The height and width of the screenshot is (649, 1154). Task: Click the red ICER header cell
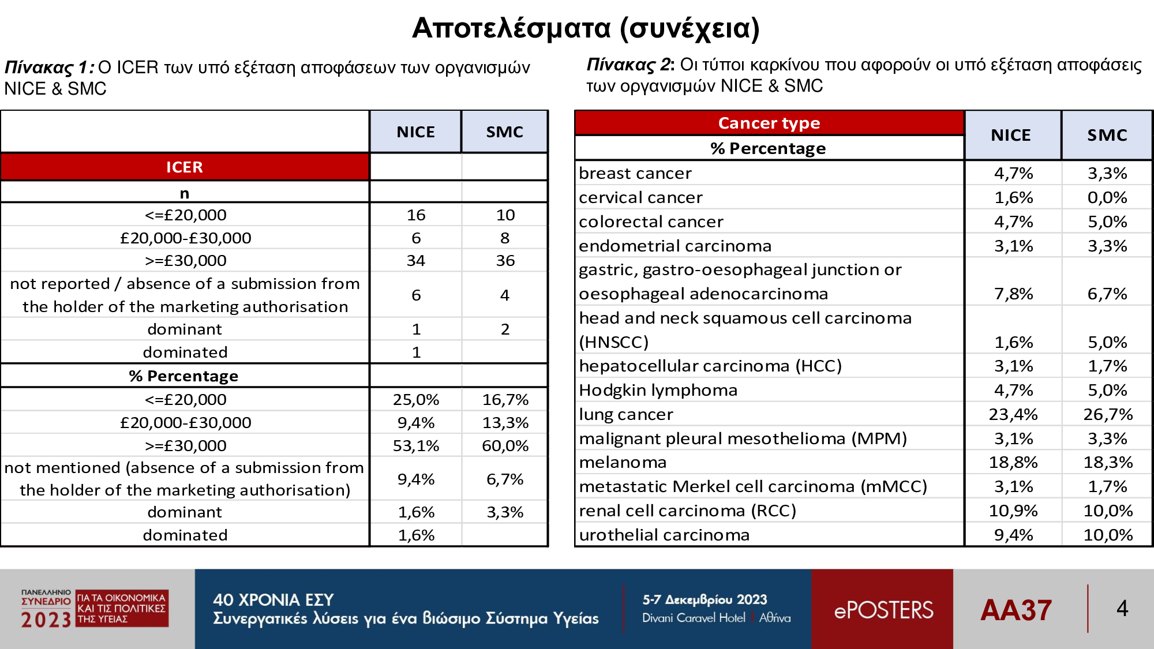(x=185, y=167)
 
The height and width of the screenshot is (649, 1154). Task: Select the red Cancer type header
(x=769, y=123)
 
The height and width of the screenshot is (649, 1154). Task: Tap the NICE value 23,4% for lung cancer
(x=1013, y=414)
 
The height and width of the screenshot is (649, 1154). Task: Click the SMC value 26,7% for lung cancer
(x=1108, y=414)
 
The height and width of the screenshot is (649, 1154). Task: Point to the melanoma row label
(x=623, y=462)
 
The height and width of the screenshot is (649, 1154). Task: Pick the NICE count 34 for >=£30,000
(x=415, y=261)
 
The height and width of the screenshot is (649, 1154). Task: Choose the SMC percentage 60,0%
(x=505, y=445)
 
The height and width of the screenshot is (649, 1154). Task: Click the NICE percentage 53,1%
(x=416, y=445)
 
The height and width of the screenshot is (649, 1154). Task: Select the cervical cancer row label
(x=640, y=197)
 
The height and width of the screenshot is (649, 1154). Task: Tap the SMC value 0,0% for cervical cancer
(x=1108, y=197)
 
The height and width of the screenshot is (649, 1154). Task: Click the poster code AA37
(x=1016, y=610)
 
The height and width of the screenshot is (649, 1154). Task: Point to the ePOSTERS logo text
(x=883, y=610)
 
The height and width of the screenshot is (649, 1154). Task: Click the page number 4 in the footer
(x=1122, y=608)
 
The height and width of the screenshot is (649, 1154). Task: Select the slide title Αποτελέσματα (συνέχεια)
(x=586, y=28)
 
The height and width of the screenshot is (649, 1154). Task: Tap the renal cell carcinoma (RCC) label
(x=687, y=511)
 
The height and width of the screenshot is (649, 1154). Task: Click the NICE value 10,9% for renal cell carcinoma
(x=1013, y=511)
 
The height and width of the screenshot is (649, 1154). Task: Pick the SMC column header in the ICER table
(x=504, y=132)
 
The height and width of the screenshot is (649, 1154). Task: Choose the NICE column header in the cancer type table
(x=1011, y=135)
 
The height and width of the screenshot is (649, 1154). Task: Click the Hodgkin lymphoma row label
(x=658, y=390)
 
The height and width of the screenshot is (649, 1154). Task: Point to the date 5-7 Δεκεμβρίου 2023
(x=705, y=599)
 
